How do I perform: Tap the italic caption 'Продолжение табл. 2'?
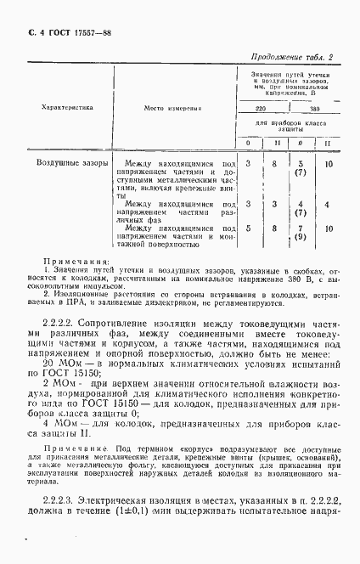291,58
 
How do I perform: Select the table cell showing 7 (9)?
300,233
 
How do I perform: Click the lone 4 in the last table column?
327,205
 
